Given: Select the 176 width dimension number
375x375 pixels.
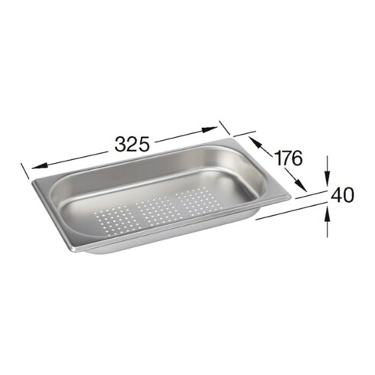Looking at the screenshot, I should pos(288,159).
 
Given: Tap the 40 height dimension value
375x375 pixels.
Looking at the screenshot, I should pos(342,195).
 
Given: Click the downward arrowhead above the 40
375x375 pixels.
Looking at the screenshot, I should pos(328,171).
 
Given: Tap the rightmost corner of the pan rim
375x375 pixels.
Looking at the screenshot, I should pos(289,197).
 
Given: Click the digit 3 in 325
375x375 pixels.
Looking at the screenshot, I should pos(122,143).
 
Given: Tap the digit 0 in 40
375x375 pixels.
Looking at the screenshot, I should pos(348,195).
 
